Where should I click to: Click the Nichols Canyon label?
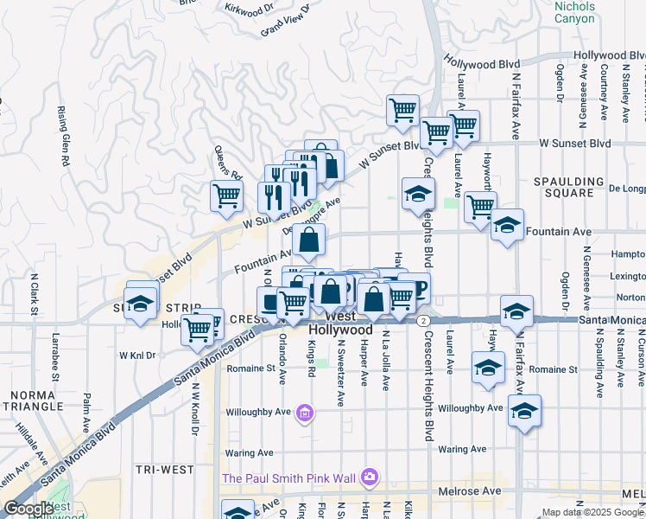point(574,11)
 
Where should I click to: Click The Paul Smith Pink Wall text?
point(289,477)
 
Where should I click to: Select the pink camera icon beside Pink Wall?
point(370,477)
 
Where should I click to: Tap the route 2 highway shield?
point(422,321)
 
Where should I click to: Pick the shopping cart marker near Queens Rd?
point(226,195)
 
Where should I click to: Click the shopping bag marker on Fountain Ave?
point(309,240)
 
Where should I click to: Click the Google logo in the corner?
point(28,509)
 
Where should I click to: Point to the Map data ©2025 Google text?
point(592,512)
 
